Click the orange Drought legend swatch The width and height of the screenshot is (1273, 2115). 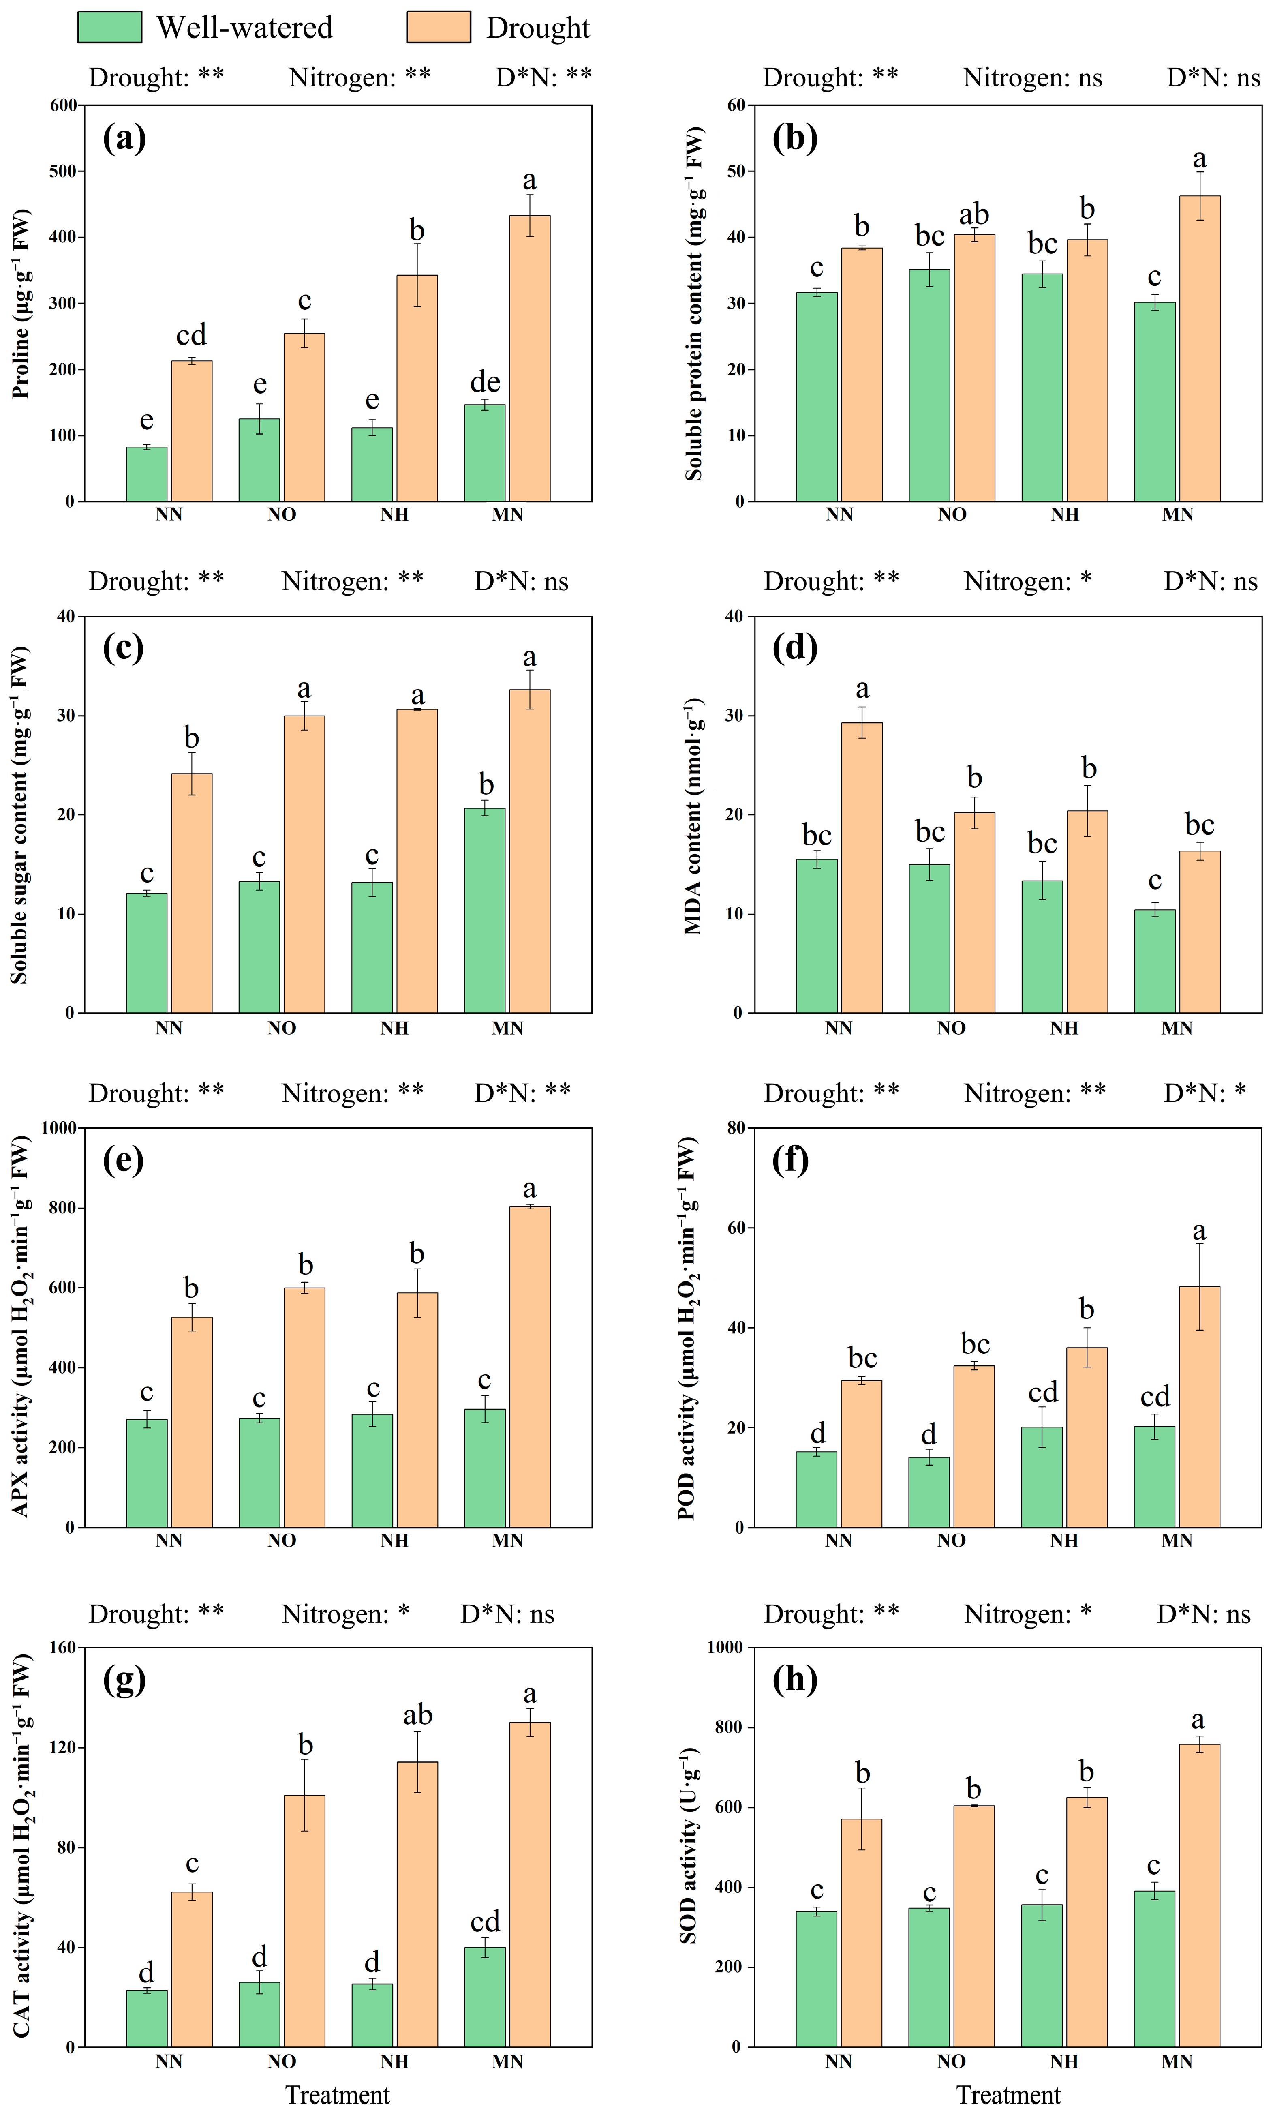[439, 28]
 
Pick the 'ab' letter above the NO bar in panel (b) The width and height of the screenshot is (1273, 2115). [974, 214]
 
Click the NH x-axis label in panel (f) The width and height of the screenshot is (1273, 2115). [1064, 1540]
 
